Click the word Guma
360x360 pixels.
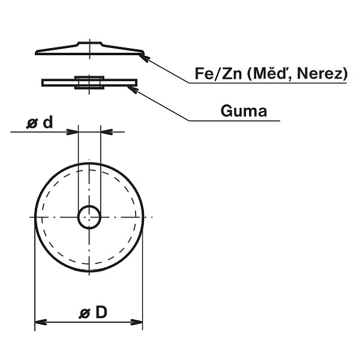point(244,111)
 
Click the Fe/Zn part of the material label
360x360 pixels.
point(217,74)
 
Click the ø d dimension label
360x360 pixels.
point(40,122)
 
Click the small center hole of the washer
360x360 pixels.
point(89,217)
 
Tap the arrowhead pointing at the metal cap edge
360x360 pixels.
point(144,57)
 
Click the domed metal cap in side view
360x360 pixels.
point(60,50)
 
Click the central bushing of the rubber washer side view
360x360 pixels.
point(89,82)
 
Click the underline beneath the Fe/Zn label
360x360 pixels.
point(270,83)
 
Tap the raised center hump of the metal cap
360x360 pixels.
point(89,44)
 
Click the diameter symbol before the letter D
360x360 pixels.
point(85,313)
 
